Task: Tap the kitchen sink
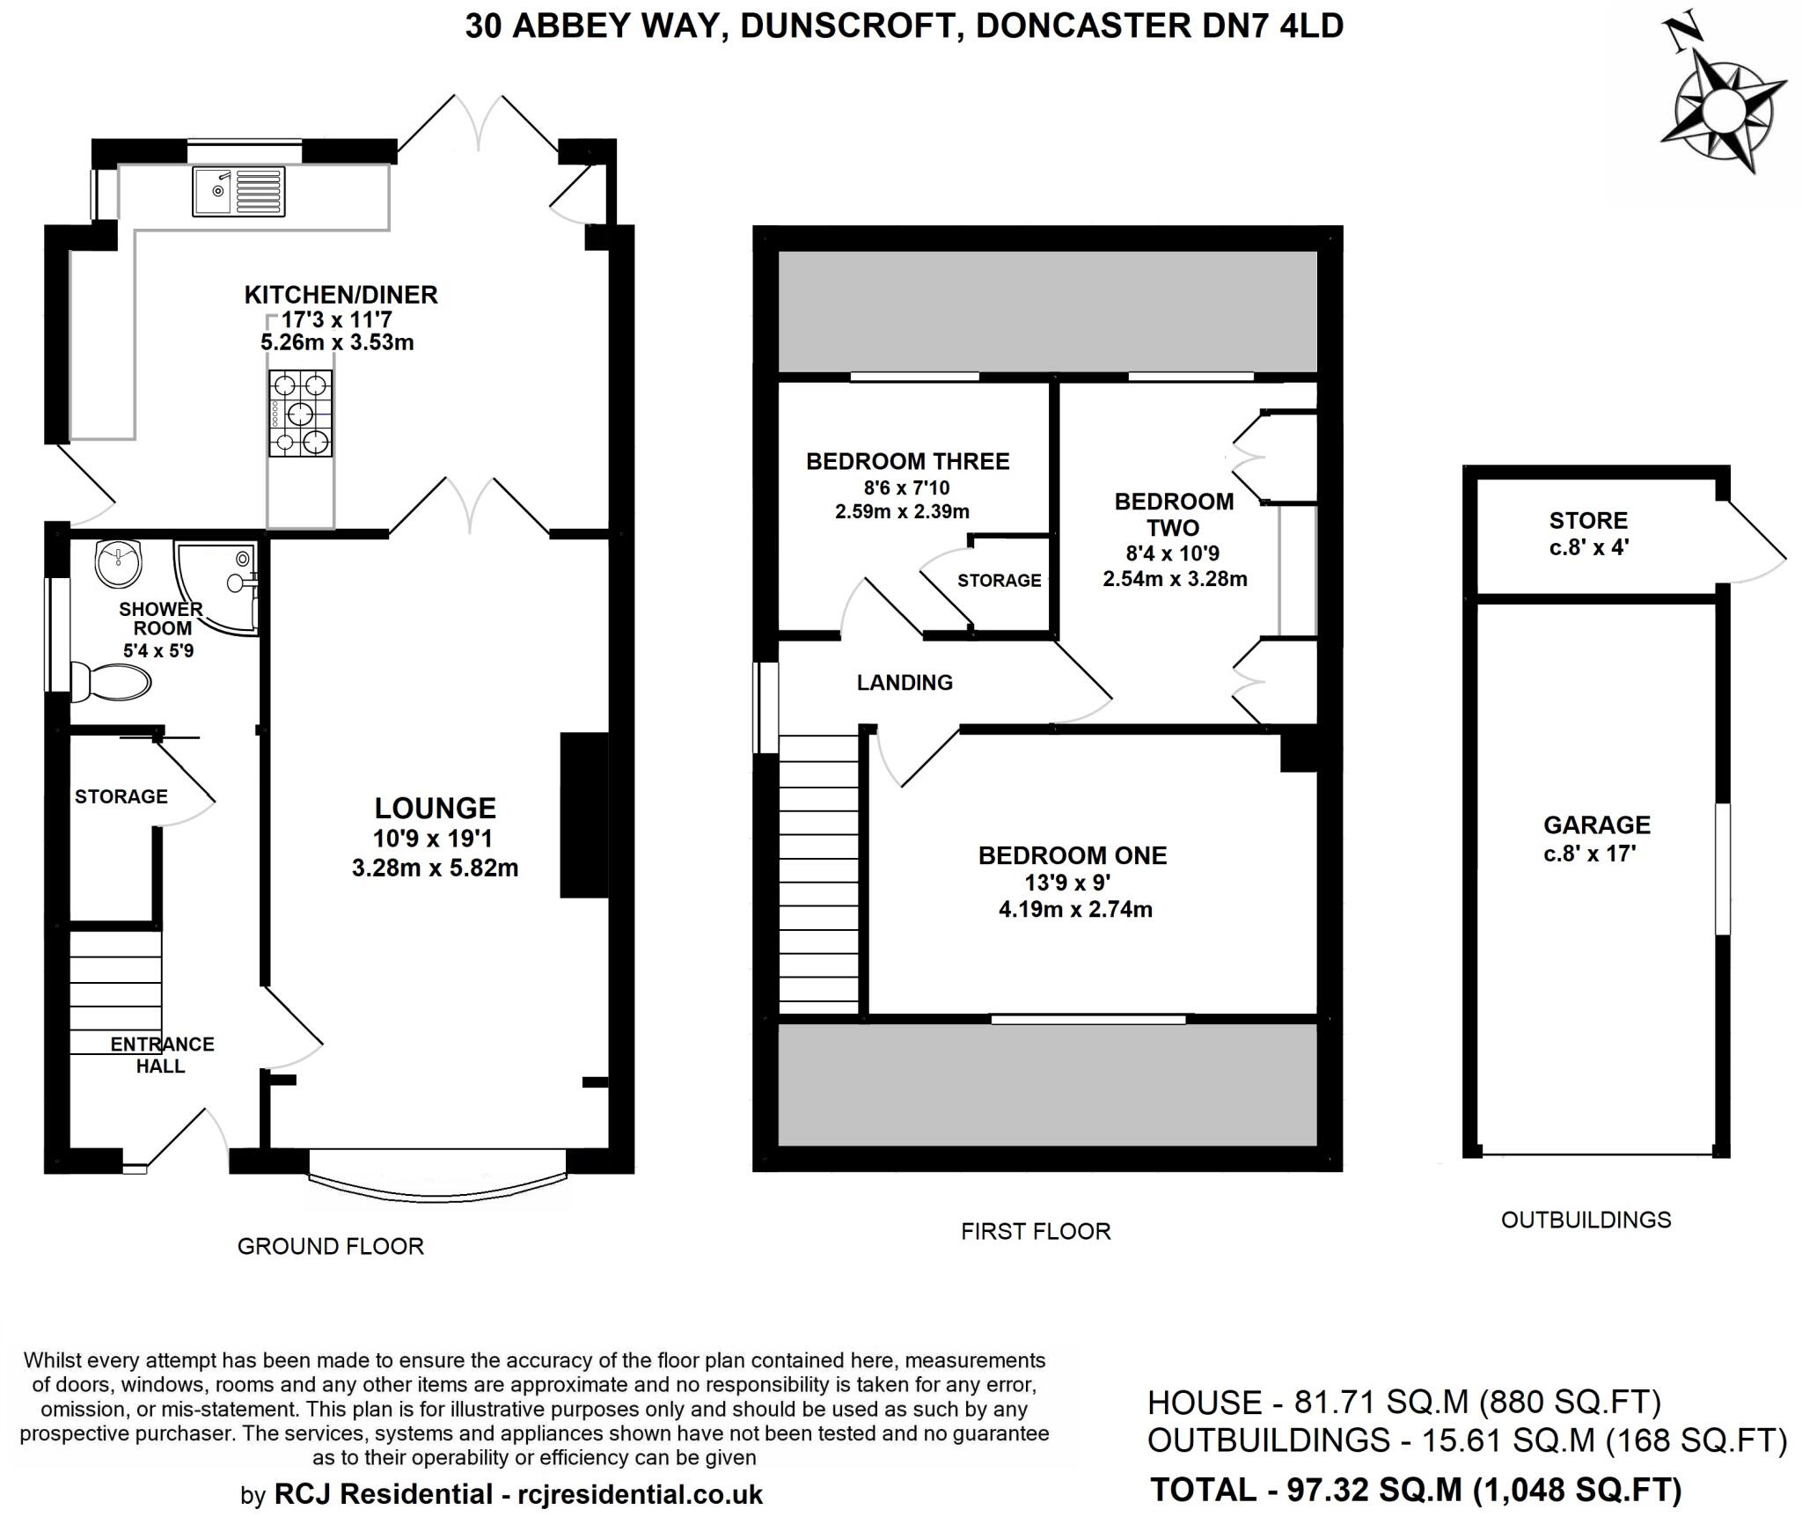pyautogui.click(x=239, y=192)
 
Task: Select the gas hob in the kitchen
pyautogui.click(x=301, y=414)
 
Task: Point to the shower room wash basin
pyautogui.click(x=119, y=564)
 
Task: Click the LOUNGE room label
pyautogui.click(x=436, y=808)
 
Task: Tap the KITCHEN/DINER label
pyautogui.click(x=341, y=295)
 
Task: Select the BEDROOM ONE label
pyautogui.click(x=1073, y=855)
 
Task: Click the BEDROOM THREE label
pyautogui.click(x=908, y=461)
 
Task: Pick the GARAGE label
pyautogui.click(x=1597, y=824)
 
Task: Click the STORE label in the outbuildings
pyautogui.click(x=1588, y=520)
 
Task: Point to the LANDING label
pyautogui.click(x=905, y=682)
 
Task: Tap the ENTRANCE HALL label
pyautogui.click(x=162, y=1055)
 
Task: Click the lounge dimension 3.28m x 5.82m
pyautogui.click(x=435, y=868)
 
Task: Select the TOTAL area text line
pyautogui.click(x=1417, y=1490)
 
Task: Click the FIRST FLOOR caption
pyautogui.click(x=1036, y=1231)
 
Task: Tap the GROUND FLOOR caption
pyautogui.click(x=331, y=1246)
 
